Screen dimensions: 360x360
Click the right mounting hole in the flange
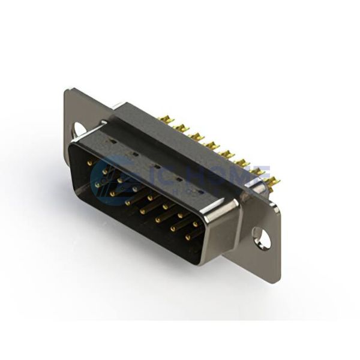(263, 238)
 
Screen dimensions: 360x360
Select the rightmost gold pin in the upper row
(195, 224)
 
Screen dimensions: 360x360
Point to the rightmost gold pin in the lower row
(187, 237)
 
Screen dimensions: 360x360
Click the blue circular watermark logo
(114, 177)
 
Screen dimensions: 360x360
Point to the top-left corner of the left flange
(67, 91)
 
